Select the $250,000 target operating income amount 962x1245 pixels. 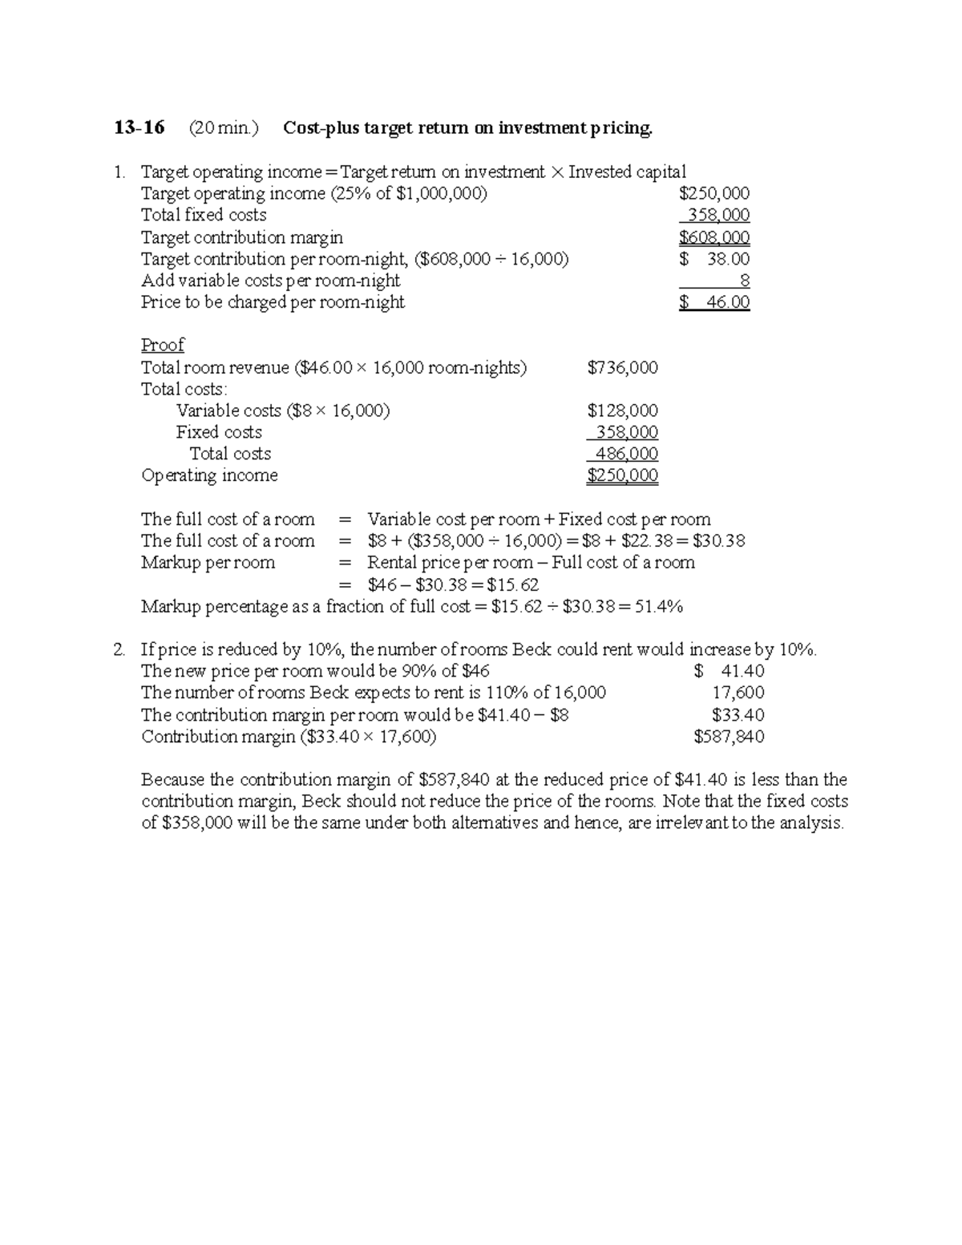pyautogui.click(x=713, y=193)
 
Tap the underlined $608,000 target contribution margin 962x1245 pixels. pyautogui.click(x=713, y=237)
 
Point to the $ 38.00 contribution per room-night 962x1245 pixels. pyautogui.click(x=713, y=259)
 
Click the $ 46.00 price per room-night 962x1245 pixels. pyautogui.click(x=713, y=302)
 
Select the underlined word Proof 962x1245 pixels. pyautogui.click(x=163, y=346)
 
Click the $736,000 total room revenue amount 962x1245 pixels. pyautogui.click(x=622, y=368)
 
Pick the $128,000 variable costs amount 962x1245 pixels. pyautogui.click(x=622, y=411)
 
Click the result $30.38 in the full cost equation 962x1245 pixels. pyautogui.click(x=718, y=541)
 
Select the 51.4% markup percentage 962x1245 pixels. pyautogui.click(x=658, y=607)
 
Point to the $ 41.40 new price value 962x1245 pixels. pyautogui.click(x=729, y=672)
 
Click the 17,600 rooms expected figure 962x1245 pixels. pyautogui.click(x=738, y=693)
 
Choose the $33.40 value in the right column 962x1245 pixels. pyautogui.click(x=738, y=715)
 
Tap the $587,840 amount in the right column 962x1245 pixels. pyautogui.click(x=729, y=737)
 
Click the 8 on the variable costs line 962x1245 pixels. pyautogui.click(x=745, y=281)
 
